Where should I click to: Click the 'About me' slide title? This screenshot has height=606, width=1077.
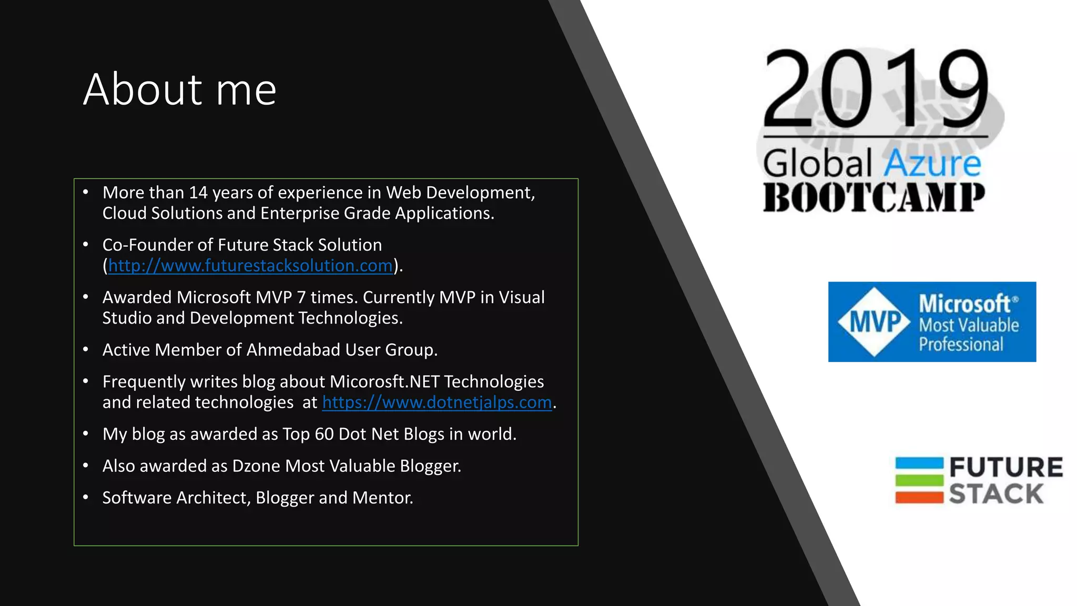(179, 89)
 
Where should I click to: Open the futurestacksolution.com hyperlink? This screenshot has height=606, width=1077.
(250, 266)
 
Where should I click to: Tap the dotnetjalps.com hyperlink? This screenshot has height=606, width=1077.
(436, 402)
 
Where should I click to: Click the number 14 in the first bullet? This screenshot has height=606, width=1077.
(198, 193)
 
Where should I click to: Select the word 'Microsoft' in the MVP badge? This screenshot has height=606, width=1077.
(964, 304)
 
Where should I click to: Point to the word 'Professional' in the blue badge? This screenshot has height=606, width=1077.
(961, 345)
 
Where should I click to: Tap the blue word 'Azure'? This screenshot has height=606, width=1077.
(932, 164)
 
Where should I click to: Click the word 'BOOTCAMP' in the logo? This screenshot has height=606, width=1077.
(873, 198)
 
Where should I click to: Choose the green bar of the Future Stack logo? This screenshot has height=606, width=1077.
(919, 480)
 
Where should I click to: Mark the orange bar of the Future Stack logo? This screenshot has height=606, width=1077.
(919, 497)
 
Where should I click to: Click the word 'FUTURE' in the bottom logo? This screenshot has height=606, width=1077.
(1005, 467)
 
